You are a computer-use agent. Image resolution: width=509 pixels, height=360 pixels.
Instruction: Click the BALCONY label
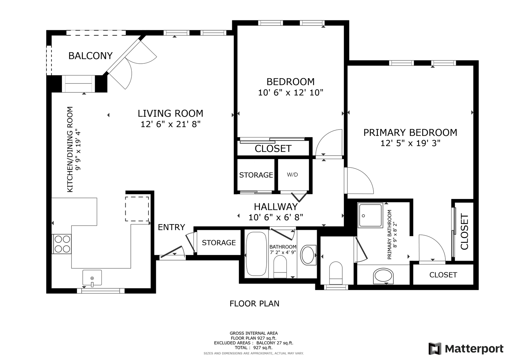pyautogui.click(x=90, y=56)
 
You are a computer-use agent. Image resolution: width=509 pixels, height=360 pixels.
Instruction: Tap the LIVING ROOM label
pyautogui.click(x=171, y=113)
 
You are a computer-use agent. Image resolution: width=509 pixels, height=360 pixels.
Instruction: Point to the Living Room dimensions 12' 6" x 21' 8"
pyautogui.click(x=171, y=124)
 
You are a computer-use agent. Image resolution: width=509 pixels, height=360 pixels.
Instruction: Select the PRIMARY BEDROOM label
pyautogui.click(x=410, y=132)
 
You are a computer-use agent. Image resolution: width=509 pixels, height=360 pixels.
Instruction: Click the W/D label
pyautogui.click(x=292, y=175)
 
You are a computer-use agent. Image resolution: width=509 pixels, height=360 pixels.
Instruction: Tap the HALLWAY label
pyautogui.click(x=275, y=207)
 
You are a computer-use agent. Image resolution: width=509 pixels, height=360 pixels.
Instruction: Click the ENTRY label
pyautogui.click(x=171, y=227)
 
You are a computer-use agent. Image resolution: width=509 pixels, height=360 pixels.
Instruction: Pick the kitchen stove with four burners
pyautogui.click(x=62, y=244)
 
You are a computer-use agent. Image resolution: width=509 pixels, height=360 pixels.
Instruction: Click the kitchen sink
pyautogui.click(x=92, y=278)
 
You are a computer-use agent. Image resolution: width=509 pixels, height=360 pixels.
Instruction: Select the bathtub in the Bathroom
pyautogui.click(x=256, y=254)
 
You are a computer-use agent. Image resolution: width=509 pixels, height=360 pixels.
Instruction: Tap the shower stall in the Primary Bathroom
pyautogui.click(x=370, y=215)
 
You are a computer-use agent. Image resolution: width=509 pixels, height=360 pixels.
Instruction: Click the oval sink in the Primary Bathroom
pyautogui.click(x=383, y=276)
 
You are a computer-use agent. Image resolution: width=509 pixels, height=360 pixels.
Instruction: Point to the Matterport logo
pyautogui.click(x=466, y=349)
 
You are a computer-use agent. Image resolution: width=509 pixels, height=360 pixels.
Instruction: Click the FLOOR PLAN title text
pyautogui.click(x=254, y=304)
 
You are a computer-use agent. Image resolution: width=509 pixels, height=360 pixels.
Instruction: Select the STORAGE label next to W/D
pyautogui.click(x=256, y=175)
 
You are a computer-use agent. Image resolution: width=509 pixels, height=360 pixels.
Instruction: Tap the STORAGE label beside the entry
pyautogui.click(x=219, y=243)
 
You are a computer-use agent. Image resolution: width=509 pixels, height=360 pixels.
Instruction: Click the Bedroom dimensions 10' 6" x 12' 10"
pyautogui.click(x=291, y=93)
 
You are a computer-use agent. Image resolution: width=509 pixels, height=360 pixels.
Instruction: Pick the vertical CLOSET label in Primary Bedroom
pyautogui.click(x=465, y=231)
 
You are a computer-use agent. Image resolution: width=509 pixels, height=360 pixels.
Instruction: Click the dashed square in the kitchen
pyautogui.click(x=137, y=209)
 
